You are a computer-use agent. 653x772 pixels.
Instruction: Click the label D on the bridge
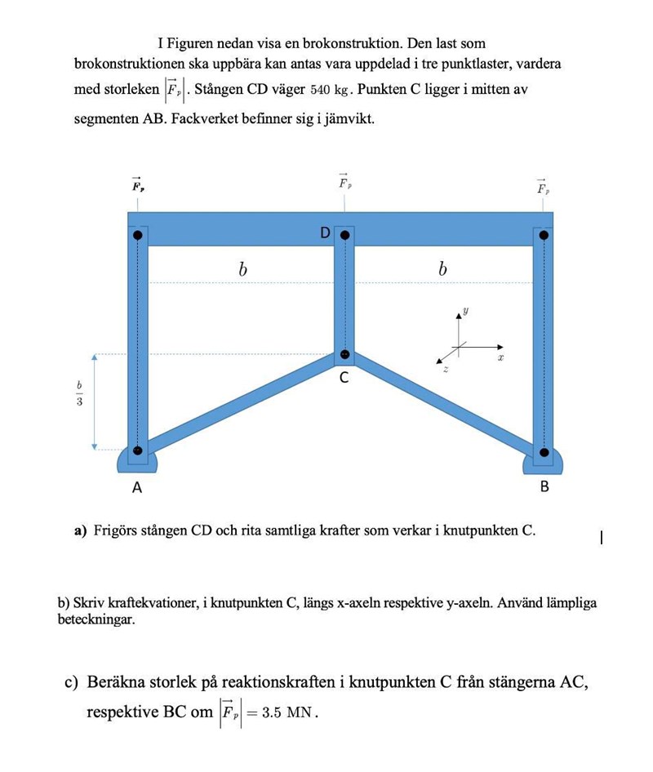pos(325,233)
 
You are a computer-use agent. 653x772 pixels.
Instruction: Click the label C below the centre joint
pos(344,378)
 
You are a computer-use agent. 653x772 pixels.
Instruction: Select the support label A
pos(137,488)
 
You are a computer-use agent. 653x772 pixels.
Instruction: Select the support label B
pos(544,487)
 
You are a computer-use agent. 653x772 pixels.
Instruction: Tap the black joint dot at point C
pos(344,355)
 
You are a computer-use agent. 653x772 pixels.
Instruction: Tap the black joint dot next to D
pos(345,235)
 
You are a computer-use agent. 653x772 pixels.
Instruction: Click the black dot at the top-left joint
pos(138,235)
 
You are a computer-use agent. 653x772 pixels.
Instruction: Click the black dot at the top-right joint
pos(544,235)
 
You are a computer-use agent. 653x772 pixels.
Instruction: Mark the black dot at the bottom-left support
pos(137,450)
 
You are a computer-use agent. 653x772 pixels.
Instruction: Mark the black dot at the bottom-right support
pos(544,450)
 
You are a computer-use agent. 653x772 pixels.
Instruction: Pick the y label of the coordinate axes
pos(466,311)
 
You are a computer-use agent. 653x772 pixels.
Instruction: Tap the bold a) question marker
pos(81,530)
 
